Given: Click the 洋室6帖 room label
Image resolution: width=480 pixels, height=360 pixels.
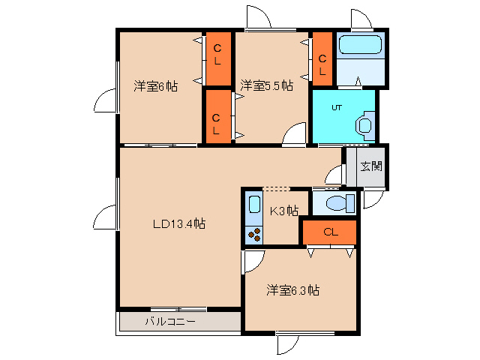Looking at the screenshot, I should tap(156, 86).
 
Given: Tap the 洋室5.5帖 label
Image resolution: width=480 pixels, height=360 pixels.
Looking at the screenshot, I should tap(266, 86).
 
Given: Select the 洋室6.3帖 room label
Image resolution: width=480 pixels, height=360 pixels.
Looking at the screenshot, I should tap(294, 289).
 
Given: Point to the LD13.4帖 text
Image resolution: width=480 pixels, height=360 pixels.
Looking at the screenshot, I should tap(179, 223).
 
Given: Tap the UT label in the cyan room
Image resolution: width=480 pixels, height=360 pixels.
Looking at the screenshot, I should tap(337, 107).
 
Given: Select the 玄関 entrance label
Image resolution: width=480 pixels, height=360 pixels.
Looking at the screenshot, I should tap(371, 166).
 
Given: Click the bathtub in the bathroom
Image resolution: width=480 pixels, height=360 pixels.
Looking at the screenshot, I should tap(361, 44).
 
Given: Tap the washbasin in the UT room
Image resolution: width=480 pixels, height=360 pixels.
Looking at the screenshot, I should tap(365, 124).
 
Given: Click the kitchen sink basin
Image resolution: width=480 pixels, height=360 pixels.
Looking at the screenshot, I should tap(253, 205).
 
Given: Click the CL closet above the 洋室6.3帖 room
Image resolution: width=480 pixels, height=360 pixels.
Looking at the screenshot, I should tap(329, 232).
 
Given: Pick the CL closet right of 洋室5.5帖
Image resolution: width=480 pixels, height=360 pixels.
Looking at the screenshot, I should tap(322, 58).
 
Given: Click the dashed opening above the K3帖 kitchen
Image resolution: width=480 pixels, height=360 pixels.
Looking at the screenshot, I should tap(275, 187).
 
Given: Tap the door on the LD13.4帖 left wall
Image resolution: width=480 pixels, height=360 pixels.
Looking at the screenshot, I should tap(105, 214).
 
